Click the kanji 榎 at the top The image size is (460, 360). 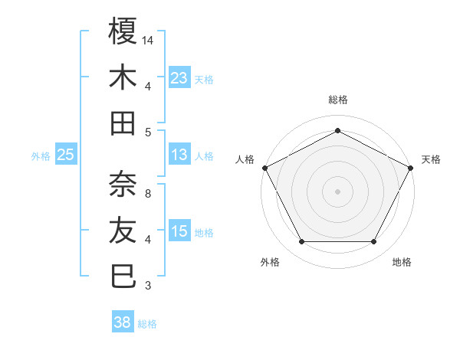[123, 31]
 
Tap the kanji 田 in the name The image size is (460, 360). [123, 123]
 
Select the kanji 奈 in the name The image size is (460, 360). [123, 183]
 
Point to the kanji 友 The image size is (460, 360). [123, 230]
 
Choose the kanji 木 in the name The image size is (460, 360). [123, 77]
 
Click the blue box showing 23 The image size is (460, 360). [179, 77]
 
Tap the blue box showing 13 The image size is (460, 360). [179, 155]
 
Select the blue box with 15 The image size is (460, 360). [179, 231]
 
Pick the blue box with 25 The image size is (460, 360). [65, 155]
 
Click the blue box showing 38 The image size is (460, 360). [123, 322]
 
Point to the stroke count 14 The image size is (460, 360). [149, 38]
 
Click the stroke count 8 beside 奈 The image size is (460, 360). [148, 194]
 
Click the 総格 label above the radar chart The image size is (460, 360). [338, 100]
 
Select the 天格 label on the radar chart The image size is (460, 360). [431, 159]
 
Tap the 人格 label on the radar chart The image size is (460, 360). [245, 159]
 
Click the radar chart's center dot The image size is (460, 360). [338, 191]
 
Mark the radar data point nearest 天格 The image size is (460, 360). [412, 167]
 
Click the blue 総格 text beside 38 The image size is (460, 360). [147, 324]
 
